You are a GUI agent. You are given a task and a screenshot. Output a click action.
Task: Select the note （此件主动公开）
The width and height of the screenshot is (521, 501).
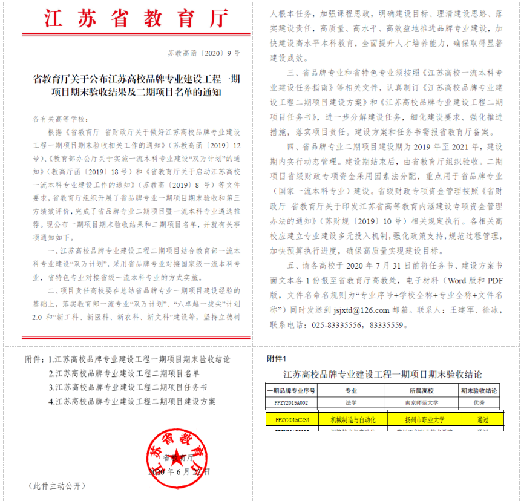pyautogui.click(x=54, y=486)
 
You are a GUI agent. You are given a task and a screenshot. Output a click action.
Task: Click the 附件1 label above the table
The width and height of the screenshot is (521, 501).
pyautogui.click(x=277, y=358)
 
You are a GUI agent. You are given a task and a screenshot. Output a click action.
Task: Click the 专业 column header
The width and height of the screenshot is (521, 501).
pyautogui.click(x=351, y=391)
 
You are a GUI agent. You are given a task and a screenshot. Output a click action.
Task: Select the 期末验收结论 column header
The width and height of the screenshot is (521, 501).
pyautogui.click(x=482, y=391)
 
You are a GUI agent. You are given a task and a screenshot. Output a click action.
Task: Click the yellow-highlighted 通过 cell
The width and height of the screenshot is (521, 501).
pyautogui.click(x=482, y=419)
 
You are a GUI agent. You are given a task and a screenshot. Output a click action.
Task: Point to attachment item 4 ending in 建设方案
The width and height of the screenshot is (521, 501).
pyautogui.click(x=132, y=401)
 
